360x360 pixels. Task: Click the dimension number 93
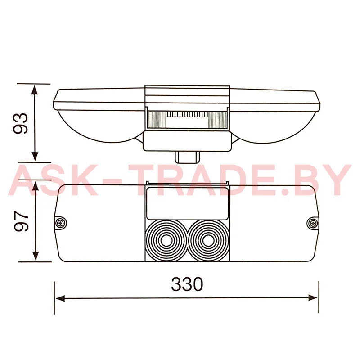click(x=21, y=123)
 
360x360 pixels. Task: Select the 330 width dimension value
click(x=187, y=284)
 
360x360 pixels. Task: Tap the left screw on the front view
click(x=61, y=223)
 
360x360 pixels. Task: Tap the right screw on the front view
click(x=313, y=223)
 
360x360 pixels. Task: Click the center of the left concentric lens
click(x=166, y=241)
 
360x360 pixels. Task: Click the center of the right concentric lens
click(x=209, y=241)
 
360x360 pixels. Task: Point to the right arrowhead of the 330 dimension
click(x=313, y=298)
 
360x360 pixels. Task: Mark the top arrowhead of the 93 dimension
click(x=35, y=90)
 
